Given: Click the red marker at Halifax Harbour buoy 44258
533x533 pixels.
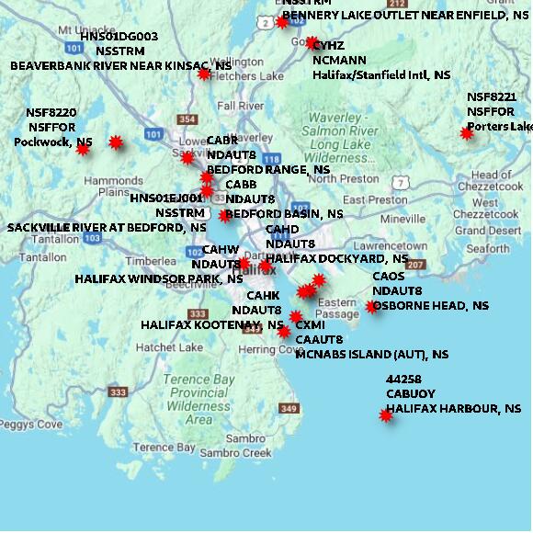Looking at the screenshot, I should coord(385,415).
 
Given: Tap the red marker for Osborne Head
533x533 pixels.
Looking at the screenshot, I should coord(371,307).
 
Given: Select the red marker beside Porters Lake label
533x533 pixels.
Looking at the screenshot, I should coord(467,133).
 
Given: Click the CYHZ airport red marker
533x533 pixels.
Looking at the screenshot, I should coord(312,43).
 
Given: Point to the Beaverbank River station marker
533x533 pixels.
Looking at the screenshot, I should coord(204,74).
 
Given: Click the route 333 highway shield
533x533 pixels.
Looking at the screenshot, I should coord(118,392).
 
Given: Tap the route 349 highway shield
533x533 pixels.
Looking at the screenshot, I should coord(289,408).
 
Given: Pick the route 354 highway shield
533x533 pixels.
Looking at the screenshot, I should coord(187,119).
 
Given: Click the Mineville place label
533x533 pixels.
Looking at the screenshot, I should coord(403,220).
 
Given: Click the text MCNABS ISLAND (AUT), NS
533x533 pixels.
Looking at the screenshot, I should coord(372,354).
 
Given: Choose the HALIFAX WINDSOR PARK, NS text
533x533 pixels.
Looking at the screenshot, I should coord(158,278).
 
